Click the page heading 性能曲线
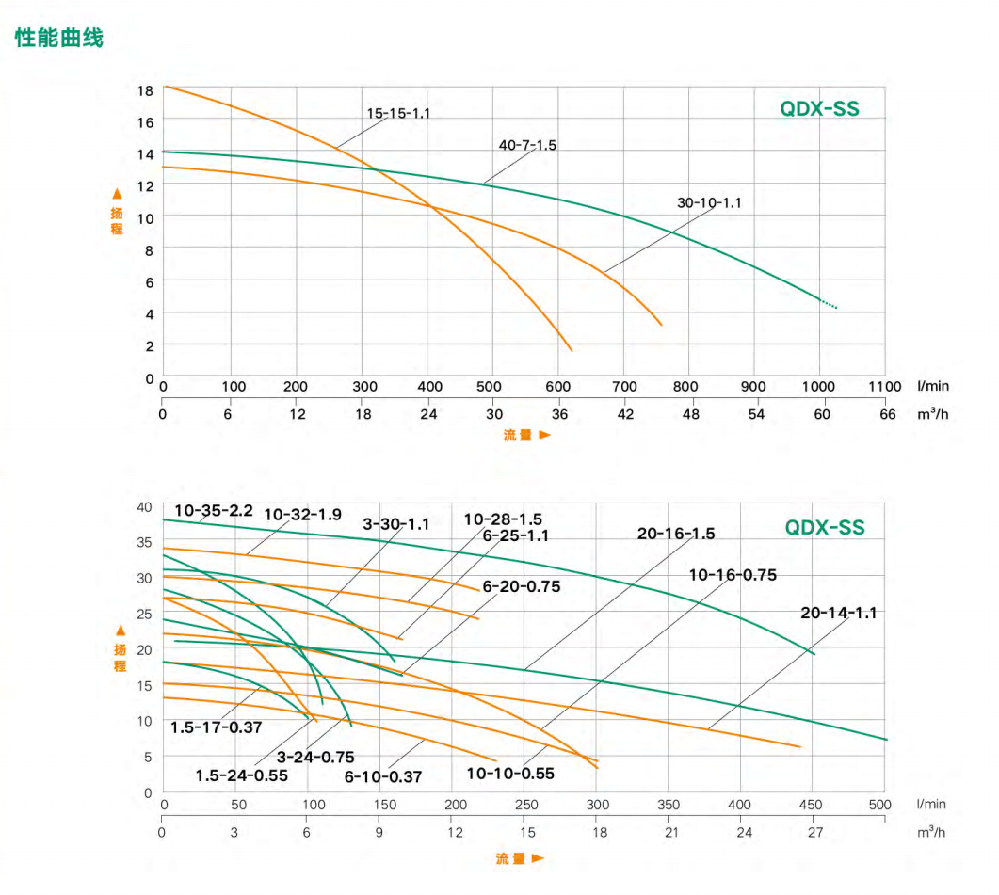(58, 39)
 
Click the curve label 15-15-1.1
(398, 114)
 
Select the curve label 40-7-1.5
(527, 146)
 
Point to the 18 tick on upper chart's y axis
(145, 91)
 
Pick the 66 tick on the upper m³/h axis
(886, 414)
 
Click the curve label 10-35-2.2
(214, 511)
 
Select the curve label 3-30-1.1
(396, 524)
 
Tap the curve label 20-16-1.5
(676, 534)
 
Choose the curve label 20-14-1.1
(839, 613)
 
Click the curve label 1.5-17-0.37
(217, 727)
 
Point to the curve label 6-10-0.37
(383, 777)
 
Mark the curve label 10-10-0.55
(510, 774)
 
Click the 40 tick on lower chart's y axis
(144, 507)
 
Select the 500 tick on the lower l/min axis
(880, 806)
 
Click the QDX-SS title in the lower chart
(825, 528)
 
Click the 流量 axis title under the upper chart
(517, 436)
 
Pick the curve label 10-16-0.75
(733, 575)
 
